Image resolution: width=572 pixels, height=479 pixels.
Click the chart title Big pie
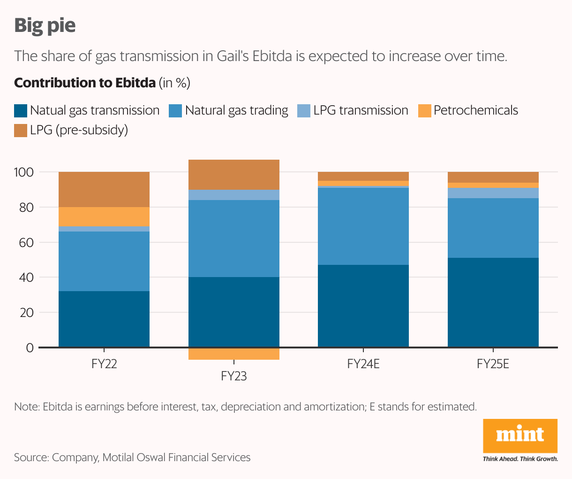[45, 25]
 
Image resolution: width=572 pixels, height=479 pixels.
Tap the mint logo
[520, 435]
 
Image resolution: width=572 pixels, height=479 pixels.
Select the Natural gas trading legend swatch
[175, 111]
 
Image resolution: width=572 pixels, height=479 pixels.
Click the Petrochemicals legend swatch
[424, 111]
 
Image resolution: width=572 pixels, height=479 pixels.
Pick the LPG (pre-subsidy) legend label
[79, 130]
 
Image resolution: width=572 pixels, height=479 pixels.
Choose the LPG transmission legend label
[361, 110]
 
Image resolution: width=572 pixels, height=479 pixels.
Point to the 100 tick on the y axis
[24, 172]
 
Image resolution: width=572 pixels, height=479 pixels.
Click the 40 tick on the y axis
[24, 278]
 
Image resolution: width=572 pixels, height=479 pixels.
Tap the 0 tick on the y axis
[30, 348]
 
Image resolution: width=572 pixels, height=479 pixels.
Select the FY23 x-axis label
[233, 376]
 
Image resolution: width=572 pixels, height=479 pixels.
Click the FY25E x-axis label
[493, 364]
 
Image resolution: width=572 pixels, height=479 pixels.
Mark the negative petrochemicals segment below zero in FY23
[233, 354]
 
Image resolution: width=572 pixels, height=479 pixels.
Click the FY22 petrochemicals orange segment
[104, 216]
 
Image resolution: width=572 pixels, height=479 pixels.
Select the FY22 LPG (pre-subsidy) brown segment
[104, 189]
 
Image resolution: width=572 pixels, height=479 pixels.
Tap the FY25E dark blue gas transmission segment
[493, 302]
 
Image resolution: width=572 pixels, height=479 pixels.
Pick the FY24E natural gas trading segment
[363, 226]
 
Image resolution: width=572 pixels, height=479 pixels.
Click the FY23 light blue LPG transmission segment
[233, 195]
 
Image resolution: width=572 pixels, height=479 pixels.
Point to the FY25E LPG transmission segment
[493, 193]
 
